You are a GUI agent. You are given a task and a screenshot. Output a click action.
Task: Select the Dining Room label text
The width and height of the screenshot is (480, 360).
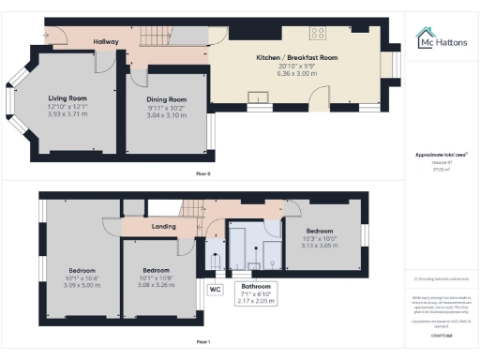(166, 99)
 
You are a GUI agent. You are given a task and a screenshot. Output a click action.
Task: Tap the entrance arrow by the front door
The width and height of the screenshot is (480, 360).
(44, 36)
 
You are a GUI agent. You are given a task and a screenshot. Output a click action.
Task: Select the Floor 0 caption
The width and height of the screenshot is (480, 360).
(202, 174)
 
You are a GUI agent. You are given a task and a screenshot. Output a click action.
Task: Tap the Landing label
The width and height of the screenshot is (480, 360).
(165, 226)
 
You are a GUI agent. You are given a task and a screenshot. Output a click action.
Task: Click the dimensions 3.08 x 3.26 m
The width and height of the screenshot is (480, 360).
(151, 265)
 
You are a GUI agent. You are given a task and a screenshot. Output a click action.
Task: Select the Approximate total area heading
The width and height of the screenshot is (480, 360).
(442, 154)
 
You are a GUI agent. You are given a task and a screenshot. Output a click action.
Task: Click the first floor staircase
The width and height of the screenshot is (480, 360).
(193, 211)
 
